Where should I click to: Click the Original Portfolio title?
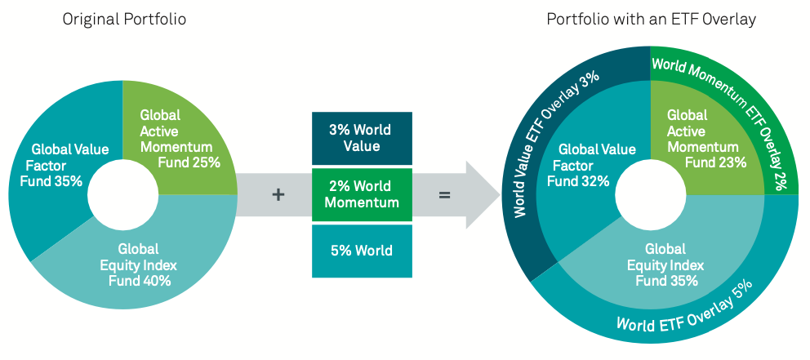coord(124,18)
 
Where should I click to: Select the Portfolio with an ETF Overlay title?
coord(650,18)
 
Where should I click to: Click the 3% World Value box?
coord(361,138)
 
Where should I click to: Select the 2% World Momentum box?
coord(361,194)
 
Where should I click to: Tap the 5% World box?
coord(361,251)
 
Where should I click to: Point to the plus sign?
coord(278,195)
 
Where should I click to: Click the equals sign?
coord(445,195)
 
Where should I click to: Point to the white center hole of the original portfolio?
coord(122,195)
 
